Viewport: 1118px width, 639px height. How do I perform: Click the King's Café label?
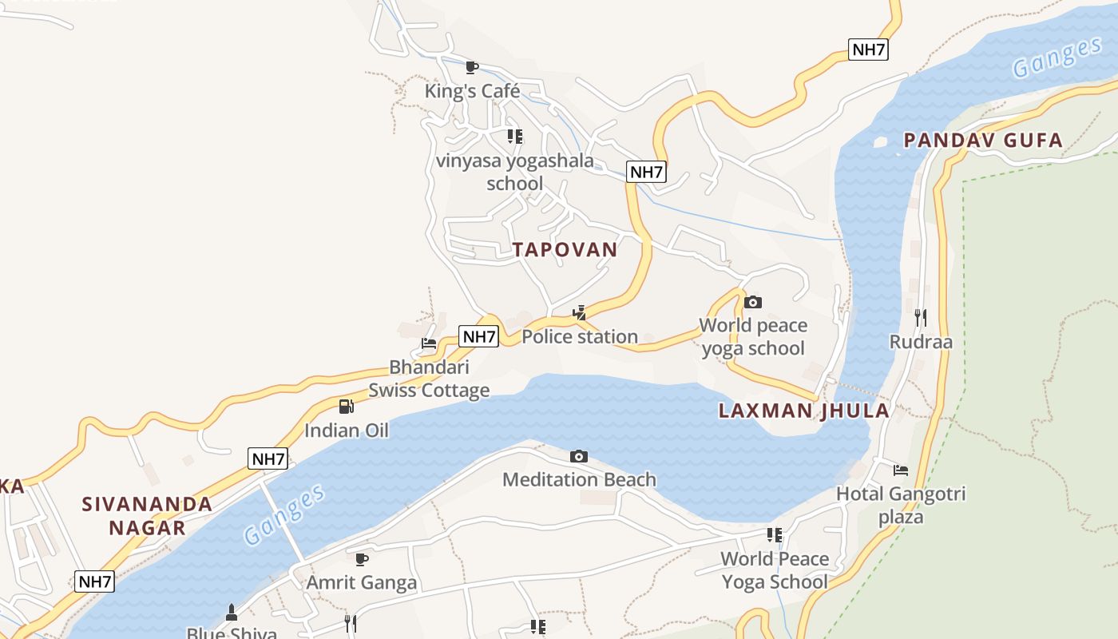pyautogui.click(x=472, y=91)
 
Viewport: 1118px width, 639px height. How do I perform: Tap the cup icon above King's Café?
pyautogui.click(x=472, y=67)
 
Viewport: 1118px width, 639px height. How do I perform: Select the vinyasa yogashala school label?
pyautogui.click(x=515, y=172)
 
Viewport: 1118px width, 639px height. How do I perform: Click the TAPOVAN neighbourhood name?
pyautogui.click(x=565, y=249)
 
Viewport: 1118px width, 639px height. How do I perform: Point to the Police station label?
pyautogui.click(x=580, y=336)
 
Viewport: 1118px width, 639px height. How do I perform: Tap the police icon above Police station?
pyautogui.click(x=580, y=312)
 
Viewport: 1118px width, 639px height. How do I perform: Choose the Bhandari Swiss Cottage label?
pyautogui.click(x=429, y=379)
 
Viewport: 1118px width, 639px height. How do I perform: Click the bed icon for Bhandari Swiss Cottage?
pyautogui.click(x=429, y=344)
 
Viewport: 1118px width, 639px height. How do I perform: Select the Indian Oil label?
pyautogui.click(x=347, y=431)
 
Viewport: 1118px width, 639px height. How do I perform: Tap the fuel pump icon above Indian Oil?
pyautogui.click(x=347, y=407)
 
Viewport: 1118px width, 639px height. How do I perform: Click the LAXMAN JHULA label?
pyautogui.click(x=804, y=411)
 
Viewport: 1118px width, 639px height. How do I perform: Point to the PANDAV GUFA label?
pyautogui.click(x=983, y=141)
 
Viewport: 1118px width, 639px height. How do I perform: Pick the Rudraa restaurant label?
pyautogui.click(x=921, y=342)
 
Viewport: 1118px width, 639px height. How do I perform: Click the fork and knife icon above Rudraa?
pyautogui.click(x=921, y=318)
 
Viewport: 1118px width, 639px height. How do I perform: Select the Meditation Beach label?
pyautogui.click(x=579, y=480)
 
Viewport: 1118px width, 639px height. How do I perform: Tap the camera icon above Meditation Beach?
pyautogui.click(x=579, y=456)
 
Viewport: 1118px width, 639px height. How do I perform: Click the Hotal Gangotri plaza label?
pyautogui.click(x=901, y=505)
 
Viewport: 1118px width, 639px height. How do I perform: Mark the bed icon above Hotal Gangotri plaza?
pyautogui.click(x=901, y=470)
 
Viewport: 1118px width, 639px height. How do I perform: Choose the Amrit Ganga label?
pyautogui.click(x=362, y=582)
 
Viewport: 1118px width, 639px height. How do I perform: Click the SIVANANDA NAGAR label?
pyautogui.click(x=147, y=515)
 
